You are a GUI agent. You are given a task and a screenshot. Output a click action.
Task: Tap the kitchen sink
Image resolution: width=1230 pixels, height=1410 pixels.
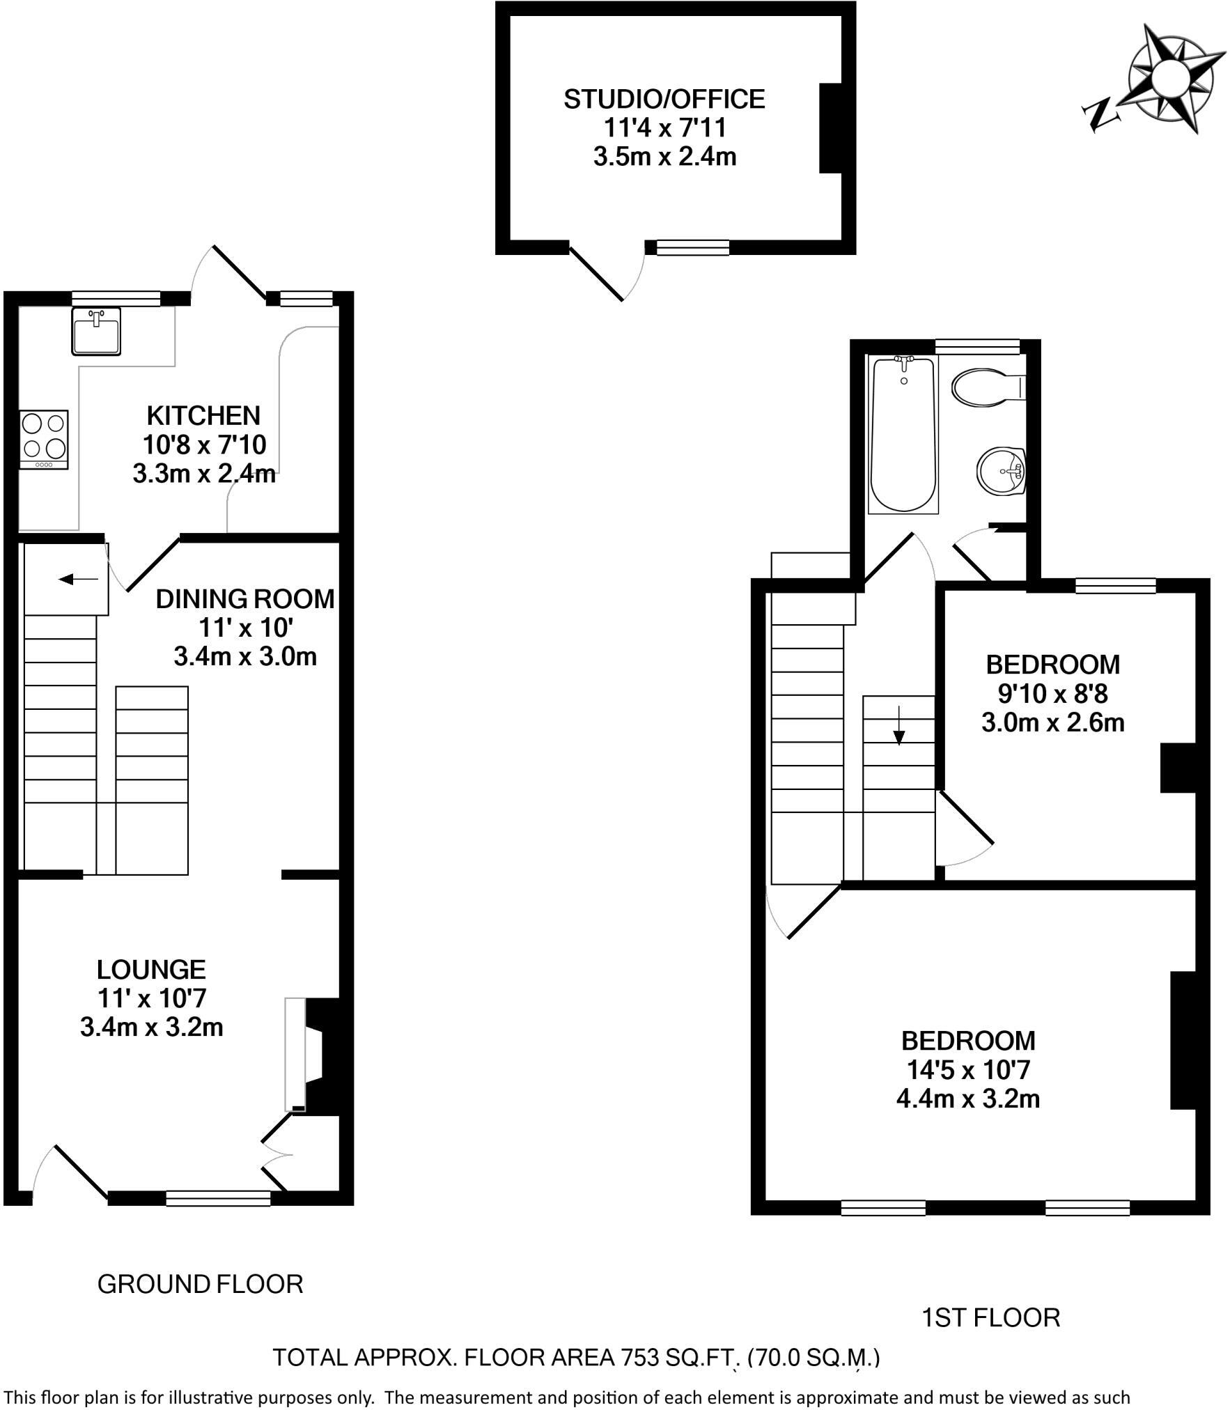[96, 331]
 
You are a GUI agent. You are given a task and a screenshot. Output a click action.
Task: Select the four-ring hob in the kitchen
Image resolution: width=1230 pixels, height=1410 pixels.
[44, 440]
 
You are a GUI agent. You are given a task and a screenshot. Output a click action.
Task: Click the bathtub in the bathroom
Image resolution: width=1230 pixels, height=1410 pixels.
[904, 434]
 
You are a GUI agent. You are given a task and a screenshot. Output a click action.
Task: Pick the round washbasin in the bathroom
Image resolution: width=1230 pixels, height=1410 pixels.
[1002, 471]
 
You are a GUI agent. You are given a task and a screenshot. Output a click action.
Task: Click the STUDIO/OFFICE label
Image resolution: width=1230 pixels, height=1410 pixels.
[664, 100]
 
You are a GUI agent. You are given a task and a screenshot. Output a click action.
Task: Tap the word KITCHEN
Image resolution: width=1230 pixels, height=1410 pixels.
[203, 416]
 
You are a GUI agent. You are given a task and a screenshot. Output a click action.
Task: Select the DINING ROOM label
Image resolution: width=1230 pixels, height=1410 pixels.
[245, 599]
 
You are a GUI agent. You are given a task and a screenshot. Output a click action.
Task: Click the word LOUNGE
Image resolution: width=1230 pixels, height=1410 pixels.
[151, 970]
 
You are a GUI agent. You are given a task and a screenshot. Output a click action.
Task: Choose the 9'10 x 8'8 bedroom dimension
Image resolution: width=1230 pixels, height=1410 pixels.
[1052, 694]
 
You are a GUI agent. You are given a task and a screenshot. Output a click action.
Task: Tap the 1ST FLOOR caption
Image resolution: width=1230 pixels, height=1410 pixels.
[991, 1318]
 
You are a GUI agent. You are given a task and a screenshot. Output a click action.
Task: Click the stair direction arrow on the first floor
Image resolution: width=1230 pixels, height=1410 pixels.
[899, 726]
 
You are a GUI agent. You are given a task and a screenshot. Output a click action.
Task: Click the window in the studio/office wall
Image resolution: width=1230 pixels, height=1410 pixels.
[693, 247]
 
